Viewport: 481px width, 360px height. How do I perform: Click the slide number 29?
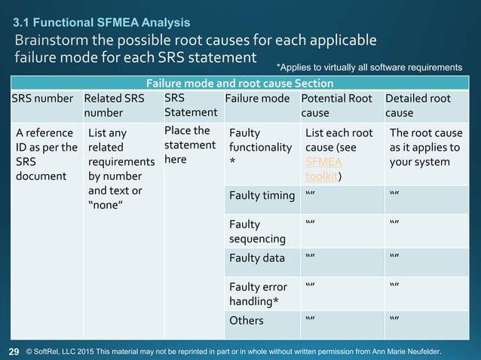[x=14, y=351]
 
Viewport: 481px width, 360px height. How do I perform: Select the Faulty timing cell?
[x=262, y=197]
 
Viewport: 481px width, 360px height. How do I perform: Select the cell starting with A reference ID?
[x=44, y=154]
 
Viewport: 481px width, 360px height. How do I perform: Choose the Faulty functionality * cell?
[x=259, y=146]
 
